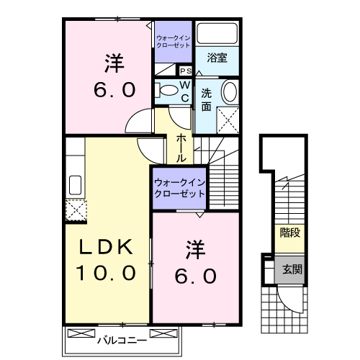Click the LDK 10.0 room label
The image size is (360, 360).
click(107, 260)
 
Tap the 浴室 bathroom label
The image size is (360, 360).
click(217, 58)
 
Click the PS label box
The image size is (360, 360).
click(184, 71)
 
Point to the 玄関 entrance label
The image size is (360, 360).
click(292, 271)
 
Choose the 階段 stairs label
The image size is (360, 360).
click(289, 233)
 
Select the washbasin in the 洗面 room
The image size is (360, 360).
click(229, 91)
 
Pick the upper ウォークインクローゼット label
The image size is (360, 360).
click(173, 40)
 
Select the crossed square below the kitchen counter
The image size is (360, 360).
click(75, 210)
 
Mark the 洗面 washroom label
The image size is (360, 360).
click(207, 99)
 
